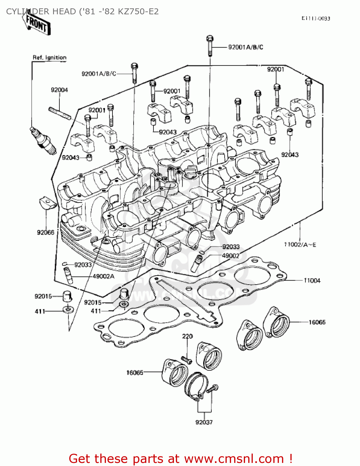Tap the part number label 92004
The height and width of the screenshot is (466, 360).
coord(59,90)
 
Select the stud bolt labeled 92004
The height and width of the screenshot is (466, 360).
coord(59,113)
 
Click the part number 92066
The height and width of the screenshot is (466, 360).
coord(45,232)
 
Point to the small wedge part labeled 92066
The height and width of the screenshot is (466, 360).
coord(47,203)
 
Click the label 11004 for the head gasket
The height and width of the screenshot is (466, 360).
coord(312,281)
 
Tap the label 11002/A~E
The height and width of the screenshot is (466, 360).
coord(300,245)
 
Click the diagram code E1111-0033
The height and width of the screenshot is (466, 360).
coord(316,19)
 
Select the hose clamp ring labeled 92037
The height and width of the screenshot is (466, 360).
coord(196,385)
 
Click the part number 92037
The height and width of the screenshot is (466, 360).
coord(204,422)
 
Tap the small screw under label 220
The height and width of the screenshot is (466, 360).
coord(187,360)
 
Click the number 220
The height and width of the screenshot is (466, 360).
coord(187,336)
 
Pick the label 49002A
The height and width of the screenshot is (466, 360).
coord(103,276)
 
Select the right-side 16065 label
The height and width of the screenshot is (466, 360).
coord(317,322)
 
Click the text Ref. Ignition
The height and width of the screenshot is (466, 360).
coord(50,57)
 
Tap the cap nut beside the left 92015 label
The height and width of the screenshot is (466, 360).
coord(67,296)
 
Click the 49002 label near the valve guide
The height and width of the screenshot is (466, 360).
coord(230,256)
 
